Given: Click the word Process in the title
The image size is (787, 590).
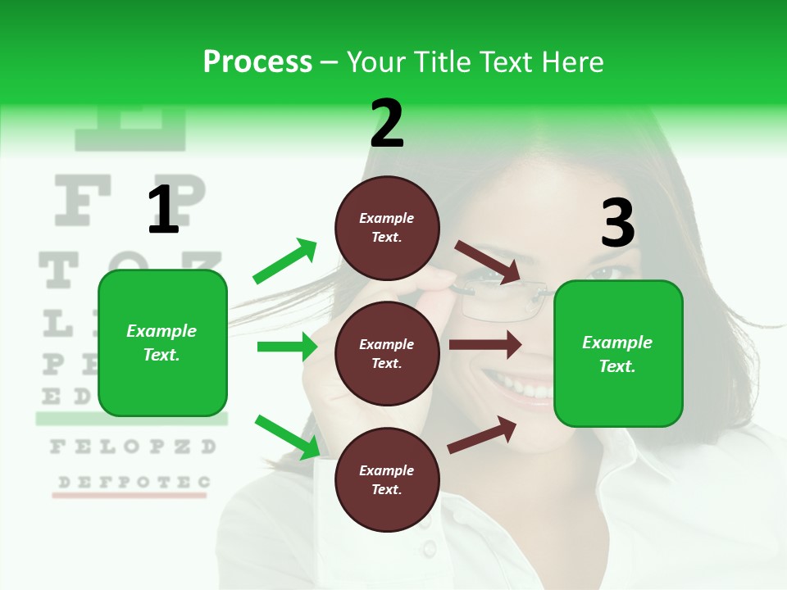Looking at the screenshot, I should click(x=257, y=61).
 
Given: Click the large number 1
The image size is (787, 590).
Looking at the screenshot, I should click(x=163, y=210).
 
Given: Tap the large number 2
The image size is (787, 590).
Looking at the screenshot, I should click(x=387, y=124).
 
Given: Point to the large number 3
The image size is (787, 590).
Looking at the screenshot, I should click(x=617, y=224).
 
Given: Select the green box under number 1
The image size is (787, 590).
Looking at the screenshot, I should click(x=162, y=343).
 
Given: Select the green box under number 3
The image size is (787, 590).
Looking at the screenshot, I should click(x=618, y=353).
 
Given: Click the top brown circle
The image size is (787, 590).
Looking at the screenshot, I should click(x=387, y=228).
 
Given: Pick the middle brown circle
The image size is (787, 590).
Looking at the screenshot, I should click(x=387, y=353).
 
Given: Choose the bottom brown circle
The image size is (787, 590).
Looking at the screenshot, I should click(x=387, y=479).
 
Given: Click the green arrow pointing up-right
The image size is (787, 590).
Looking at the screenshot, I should click(x=285, y=261).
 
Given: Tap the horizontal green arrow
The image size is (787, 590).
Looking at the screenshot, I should click(x=287, y=347).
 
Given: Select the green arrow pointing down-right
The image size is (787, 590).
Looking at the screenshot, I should click(x=288, y=437).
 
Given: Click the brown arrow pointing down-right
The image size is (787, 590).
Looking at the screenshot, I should click(x=488, y=262).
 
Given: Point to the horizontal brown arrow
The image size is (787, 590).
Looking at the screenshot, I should click(x=485, y=345).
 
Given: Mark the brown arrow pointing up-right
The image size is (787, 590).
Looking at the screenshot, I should click(x=482, y=434).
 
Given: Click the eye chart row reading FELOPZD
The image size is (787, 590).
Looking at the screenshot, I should click(x=133, y=447).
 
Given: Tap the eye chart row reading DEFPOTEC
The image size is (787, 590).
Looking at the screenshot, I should click(x=131, y=482).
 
